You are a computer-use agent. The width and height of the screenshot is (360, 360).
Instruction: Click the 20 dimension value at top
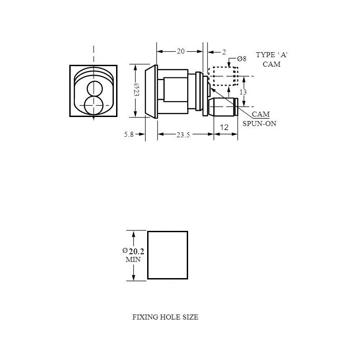click(x=180, y=52)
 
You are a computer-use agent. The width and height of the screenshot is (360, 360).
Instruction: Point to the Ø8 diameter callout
click(x=242, y=59)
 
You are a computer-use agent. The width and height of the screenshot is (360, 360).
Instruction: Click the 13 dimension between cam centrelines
click(x=243, y=92)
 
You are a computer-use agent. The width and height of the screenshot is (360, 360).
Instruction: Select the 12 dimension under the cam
click(x=224, y=127)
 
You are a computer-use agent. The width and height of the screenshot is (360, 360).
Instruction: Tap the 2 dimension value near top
click(x=224, y=52)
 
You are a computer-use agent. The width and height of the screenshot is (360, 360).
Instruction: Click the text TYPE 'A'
click(x=271, y=55)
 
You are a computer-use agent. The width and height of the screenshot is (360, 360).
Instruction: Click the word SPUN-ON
click(x=260, y=123)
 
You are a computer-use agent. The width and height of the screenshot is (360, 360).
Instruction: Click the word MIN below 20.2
click(x=133, y=260)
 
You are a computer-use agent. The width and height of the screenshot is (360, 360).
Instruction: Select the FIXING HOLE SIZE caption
click(x=165, y=317)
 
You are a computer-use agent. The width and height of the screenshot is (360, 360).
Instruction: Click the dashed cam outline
click(x=224, y=68)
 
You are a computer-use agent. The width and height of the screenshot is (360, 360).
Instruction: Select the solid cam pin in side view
click(x=224, y=108)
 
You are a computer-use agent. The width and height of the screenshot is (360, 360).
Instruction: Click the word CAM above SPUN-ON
click(x=261, y=114)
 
